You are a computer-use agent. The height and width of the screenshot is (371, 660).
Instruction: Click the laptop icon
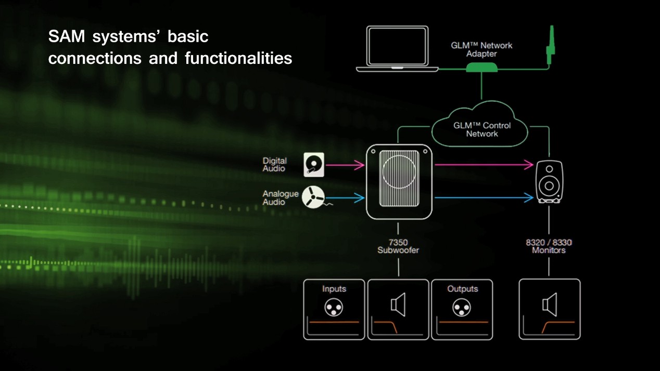[397, 48]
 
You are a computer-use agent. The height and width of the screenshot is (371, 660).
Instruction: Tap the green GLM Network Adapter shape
[482, 68]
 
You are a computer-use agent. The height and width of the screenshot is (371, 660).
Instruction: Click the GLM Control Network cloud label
[482, 130]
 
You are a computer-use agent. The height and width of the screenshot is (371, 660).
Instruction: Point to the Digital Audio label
[274, 165]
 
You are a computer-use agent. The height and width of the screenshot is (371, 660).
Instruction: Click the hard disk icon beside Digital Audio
[314, 165]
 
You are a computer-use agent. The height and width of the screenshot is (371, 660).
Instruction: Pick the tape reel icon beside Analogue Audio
[313, 197]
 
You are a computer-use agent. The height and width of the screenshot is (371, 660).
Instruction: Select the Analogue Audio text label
[280, 197]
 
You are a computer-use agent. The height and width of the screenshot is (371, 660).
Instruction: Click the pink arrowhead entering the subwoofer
[360, 165]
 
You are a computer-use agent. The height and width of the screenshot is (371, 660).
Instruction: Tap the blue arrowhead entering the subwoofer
[360, 197]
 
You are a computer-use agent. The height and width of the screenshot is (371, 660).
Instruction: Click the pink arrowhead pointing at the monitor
[528, 165]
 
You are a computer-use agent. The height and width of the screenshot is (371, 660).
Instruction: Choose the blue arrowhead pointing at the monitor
[528, 197]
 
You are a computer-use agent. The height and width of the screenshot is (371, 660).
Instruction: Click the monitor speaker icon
[549, 182]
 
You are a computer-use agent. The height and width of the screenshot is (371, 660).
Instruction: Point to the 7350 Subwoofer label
[398, 246]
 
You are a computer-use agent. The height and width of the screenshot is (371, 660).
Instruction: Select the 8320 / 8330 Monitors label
[549, 246]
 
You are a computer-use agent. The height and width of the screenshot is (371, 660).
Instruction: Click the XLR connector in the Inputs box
[334, 308]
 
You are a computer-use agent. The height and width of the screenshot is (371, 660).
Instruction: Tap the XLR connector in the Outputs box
[462, 308]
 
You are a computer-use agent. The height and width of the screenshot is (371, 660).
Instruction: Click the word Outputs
[462, 289]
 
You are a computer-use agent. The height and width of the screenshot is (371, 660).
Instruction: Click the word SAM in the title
[67, 36]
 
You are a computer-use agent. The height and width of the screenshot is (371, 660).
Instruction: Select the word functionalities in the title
[238, 58]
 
